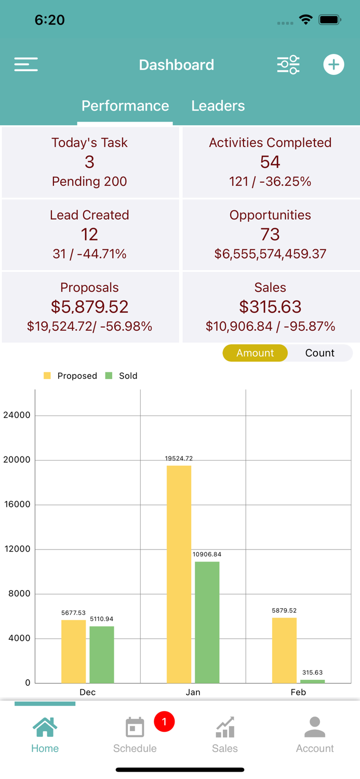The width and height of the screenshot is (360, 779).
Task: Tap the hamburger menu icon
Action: pos(26,64)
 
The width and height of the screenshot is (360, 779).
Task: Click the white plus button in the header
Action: pos(334,64)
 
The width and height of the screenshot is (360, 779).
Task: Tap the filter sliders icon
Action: pos(288,64)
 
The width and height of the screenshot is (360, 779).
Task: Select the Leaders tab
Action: pos(218,106)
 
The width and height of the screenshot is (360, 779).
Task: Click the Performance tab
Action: pos(125,106)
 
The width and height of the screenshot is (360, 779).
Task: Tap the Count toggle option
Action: pos(319,353)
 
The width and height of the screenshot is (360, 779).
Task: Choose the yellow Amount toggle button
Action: pos(255,353)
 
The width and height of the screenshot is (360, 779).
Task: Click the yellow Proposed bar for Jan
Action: pos(179,574)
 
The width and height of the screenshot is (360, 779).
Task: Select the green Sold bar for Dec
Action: pos(102,654)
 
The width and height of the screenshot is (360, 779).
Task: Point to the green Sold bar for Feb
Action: pos(312,681)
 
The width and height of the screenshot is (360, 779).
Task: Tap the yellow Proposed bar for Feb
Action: pos(284,650)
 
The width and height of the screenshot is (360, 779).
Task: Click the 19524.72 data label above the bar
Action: pos(179,459)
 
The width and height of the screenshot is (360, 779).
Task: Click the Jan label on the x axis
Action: pos(193,692)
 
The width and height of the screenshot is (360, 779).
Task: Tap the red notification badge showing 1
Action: pos(164,721)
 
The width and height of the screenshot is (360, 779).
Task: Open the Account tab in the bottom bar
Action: pos(315,734)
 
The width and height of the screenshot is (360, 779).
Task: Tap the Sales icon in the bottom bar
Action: pos(225,727)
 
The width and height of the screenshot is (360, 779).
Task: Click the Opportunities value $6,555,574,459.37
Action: pos(270,254)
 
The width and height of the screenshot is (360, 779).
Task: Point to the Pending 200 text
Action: pos(89,181)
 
